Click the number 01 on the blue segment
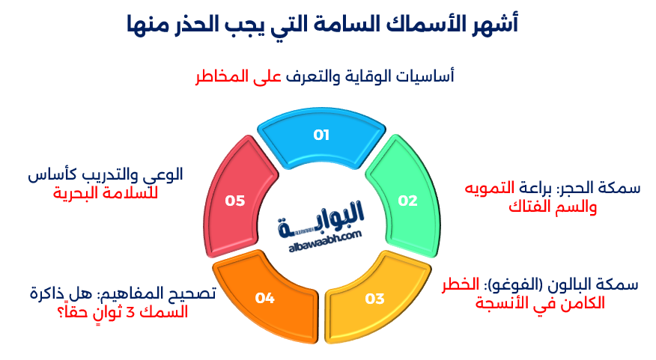(x=321, y=135)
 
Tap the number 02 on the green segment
(x=407, y=201)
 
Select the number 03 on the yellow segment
(x=374, y=299)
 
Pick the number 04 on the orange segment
(x=265, y=299)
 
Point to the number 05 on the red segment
(x=235, y=201)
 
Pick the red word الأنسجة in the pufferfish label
(x=505, y=305)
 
